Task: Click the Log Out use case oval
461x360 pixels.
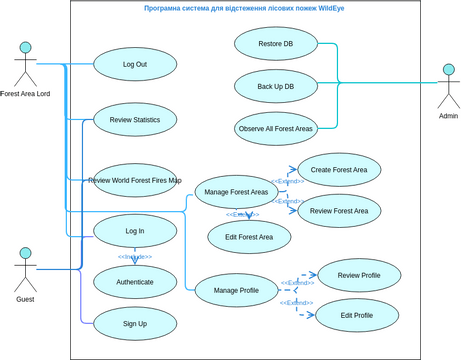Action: pyautogui.click(x=135, y=64)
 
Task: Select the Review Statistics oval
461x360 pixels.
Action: pyautogui.click(x=135, y=119)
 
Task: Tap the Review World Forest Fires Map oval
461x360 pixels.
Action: pyautogui.click(x=135, y=180)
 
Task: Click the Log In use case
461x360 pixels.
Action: pyautogui.click(x=135, y=230)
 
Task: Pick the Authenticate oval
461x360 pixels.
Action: pyautogui.click(x=135, y=282)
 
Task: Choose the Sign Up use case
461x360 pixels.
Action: pyautogui.click(x=135, y=323)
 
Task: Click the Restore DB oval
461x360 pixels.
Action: pyautogui.click(x=276, y=44)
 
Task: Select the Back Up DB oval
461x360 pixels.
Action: pyautogui.click(x=276, y=86)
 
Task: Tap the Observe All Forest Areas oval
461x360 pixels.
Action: pyautogui.click(x=276, y=128)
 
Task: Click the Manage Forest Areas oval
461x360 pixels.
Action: pyautogui.click(x=236, y=192)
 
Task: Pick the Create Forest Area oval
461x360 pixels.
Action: pyautogui.click(x=339, y=170)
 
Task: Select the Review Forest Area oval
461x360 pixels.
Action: pyautogui.click(x=339, y=211)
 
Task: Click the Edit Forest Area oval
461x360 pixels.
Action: pyautogui.click(x=249, y=237)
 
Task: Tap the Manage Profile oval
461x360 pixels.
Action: pyautogui.click(x=236, y=290)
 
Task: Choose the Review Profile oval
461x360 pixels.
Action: pyautogui.click(x=359, y=275)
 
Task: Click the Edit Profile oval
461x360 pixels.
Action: pyautogui.click(x=357, y=315)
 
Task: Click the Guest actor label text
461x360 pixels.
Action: pyautogui.click(x=25, y=299)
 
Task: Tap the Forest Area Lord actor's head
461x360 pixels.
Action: pyautogui.click(x=26, y=47)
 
